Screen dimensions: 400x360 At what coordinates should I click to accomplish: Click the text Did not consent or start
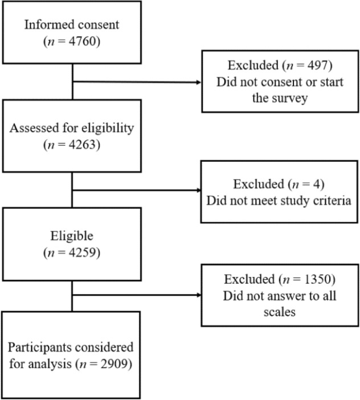[x=280, y=82]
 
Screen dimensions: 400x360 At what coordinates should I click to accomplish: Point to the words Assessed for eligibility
[x=72, y=128]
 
